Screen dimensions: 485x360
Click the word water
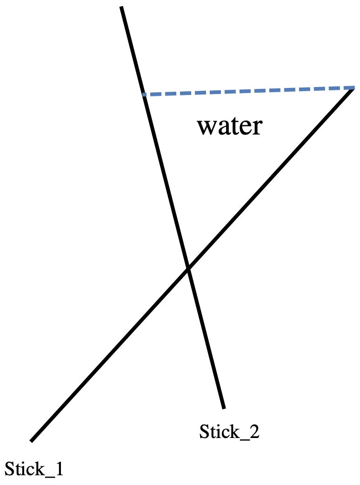point(230,126)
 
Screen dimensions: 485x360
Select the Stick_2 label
point(229,432)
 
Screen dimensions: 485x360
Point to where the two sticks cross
point(188,269)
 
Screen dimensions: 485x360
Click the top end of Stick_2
point(121,7)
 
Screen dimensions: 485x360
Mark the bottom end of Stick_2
point(224,408)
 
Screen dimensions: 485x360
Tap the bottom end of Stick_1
point(32,440)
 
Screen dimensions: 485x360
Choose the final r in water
point(257,127)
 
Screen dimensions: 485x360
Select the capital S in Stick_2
point(205,432)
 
